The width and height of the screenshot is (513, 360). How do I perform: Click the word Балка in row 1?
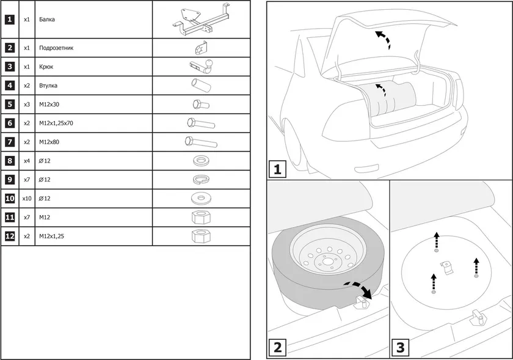pyautogui.click(x=46, y=20)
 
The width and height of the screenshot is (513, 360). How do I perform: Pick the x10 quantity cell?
pyautogui.click(x=27, y=199)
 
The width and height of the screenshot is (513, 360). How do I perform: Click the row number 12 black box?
pyautogui.click(x=10, y=236)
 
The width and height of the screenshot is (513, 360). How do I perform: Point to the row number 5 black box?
pyautogui.click(x=10, y=105)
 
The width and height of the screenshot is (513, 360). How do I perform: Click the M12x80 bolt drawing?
pyautogui.click(x=200, y=142)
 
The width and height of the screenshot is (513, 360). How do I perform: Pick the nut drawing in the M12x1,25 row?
pyautogui.click(x=200, y=235)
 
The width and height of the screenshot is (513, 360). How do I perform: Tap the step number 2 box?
pyautogui.click(x=277, y=348)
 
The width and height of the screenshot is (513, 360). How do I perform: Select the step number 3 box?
pyautogui.click(x=401, y=348)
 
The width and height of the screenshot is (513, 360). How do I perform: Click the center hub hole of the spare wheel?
pyautogui.click(x=327, y=262)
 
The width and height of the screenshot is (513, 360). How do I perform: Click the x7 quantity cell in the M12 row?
pyautogui.click(x=27, y=217)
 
